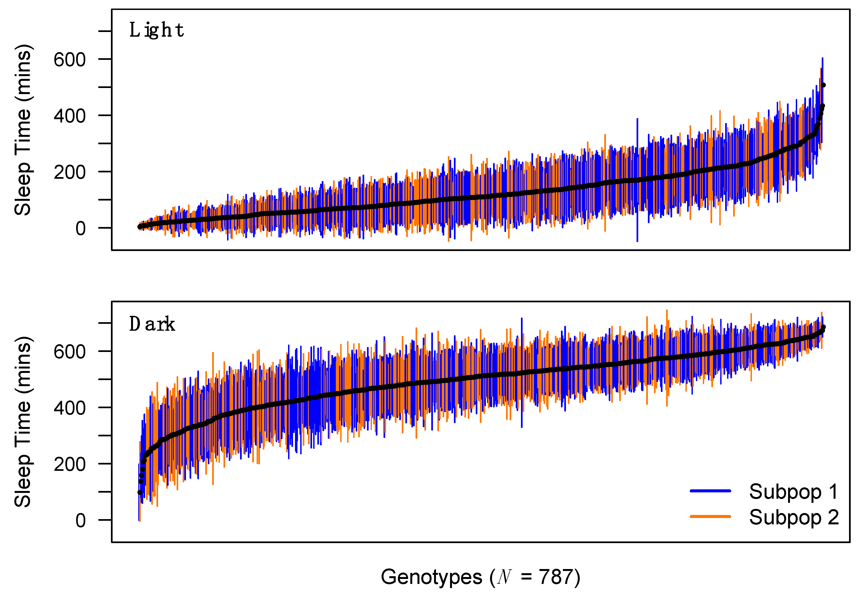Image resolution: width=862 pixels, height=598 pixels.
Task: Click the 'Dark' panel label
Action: pyautogui.click(x=152, y=324)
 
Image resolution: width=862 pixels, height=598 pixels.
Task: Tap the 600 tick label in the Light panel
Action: pyautogui.click(x=70, y=60)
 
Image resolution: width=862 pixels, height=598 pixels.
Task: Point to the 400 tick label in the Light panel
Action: pyautogui.click(x=70, y=116)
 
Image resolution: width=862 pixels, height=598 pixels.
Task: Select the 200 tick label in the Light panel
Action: pyautogui.click(x=70, y=172)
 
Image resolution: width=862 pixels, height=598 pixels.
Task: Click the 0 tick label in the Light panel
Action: pyautogui.click(x=81, y=229)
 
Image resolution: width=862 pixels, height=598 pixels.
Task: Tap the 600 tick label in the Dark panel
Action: pyautogui.click(x=70, y=352)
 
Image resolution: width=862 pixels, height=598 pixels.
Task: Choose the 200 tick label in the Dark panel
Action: pyautogui.click(x=70, y=464)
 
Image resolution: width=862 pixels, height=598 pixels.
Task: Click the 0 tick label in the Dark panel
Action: pyautogui.click(x=81, y=521)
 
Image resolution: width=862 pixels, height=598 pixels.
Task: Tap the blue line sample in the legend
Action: pyautogui.click(x=710, y=491)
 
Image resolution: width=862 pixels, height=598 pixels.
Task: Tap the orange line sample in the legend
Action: pyautogui.click(x=710, y=517)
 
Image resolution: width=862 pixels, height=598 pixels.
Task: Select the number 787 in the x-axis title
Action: pyautogui.click(x=555, y=577)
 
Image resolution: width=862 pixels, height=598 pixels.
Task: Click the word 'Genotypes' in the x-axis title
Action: pyautogui.click(x=431, y=577)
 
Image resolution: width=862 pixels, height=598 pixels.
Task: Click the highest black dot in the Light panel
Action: pyautogui.click(x=823, y=85)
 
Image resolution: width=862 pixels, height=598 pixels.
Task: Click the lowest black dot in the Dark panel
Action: pyautogui.click(x=140, y=492)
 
